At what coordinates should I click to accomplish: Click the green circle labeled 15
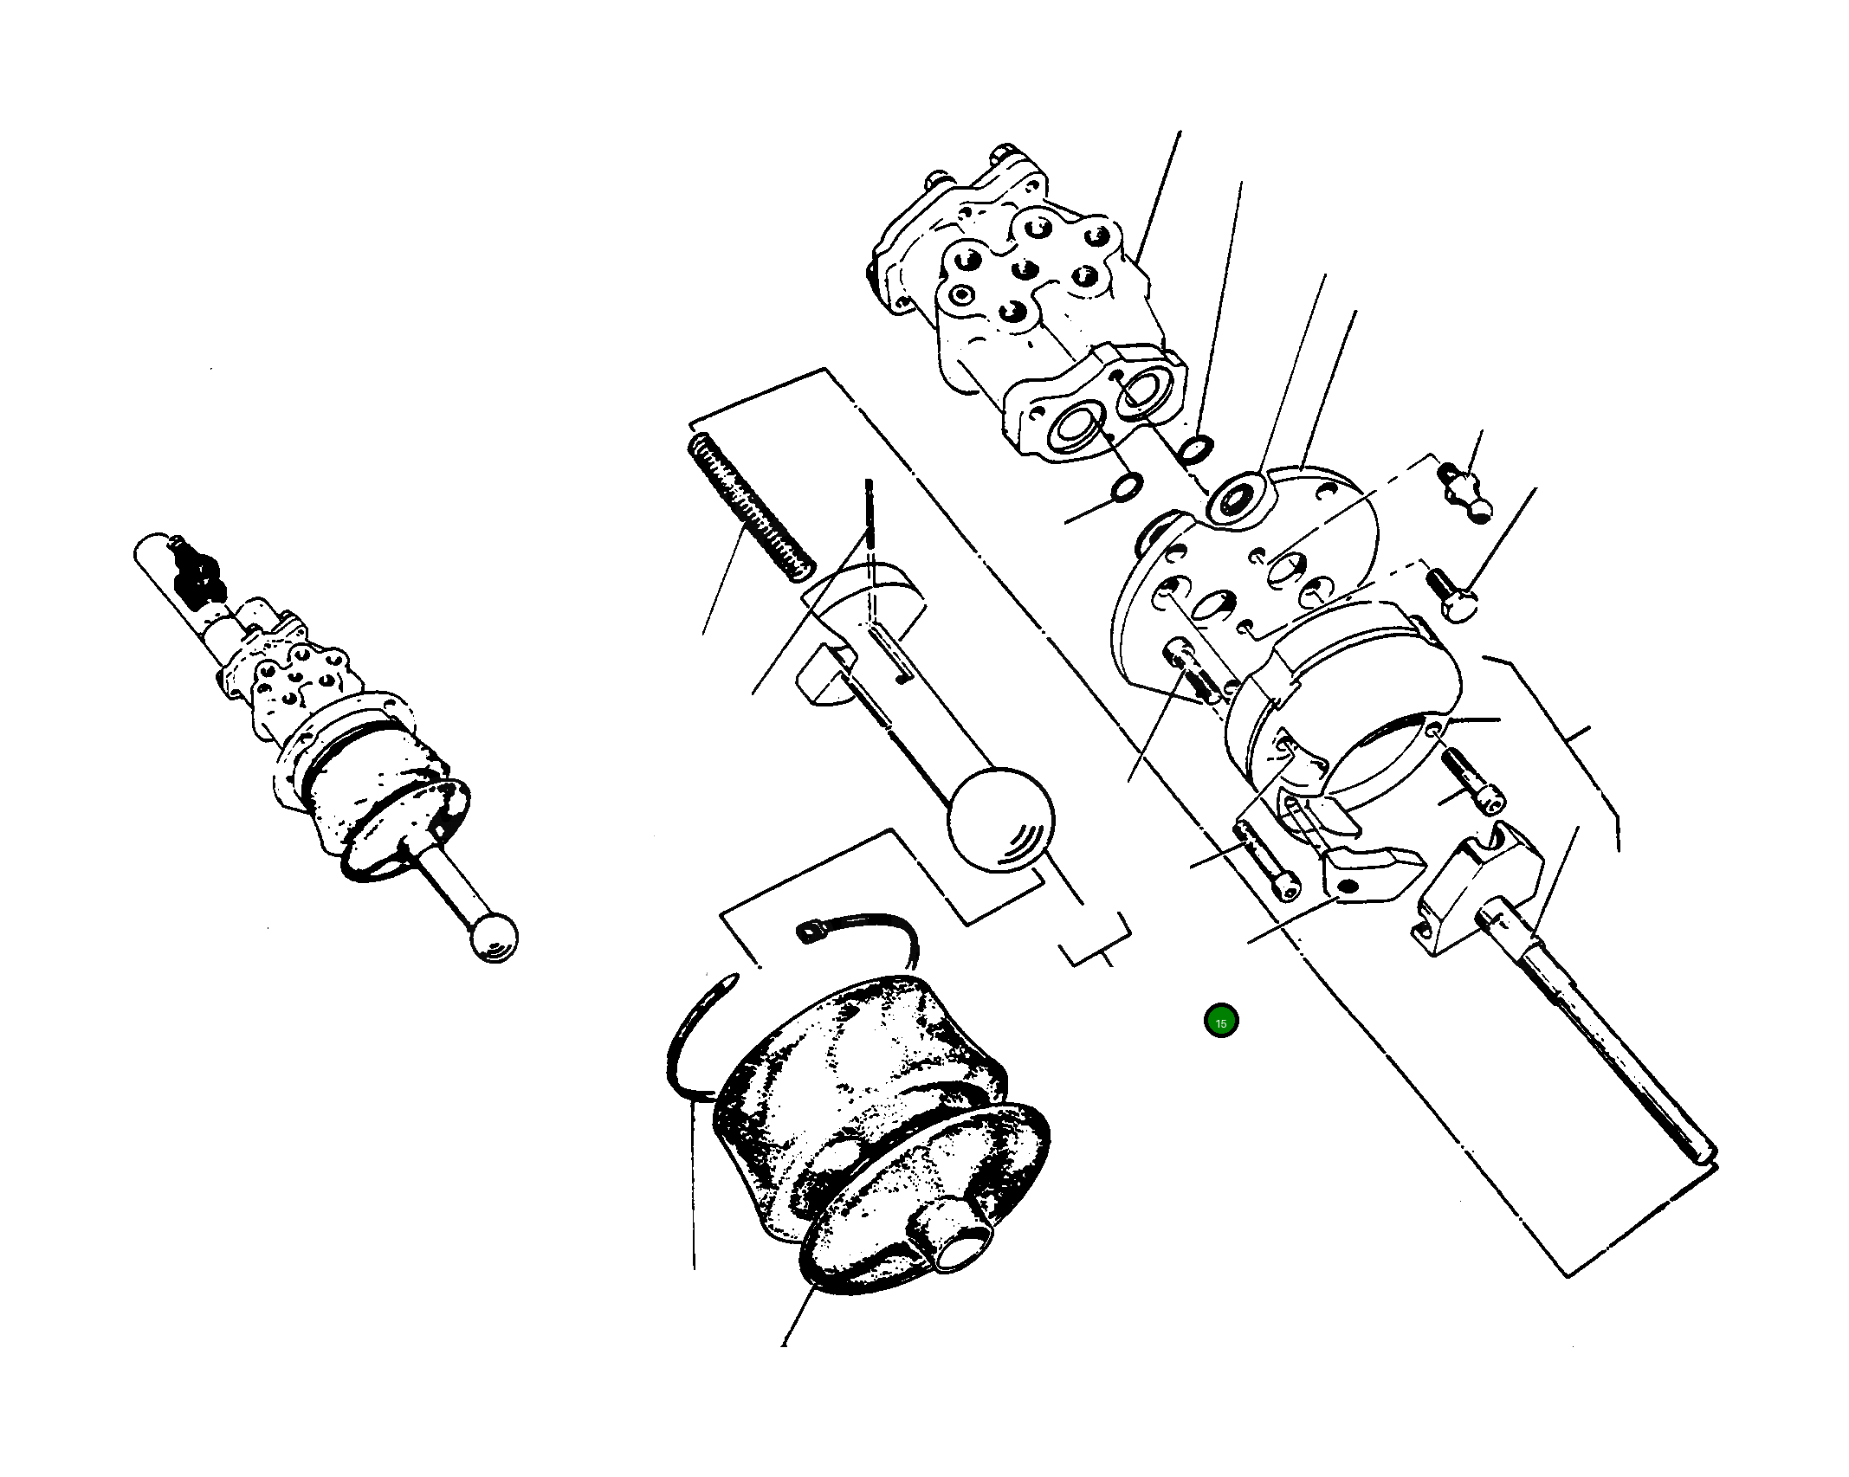(1220, 1022)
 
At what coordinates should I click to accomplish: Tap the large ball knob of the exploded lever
(1001, 818)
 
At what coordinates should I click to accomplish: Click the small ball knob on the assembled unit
(493, 937)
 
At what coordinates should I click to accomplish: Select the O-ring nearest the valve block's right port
(1197, 448)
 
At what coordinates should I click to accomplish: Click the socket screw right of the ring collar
(1472, 779)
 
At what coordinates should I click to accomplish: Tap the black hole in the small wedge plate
(1348, 887)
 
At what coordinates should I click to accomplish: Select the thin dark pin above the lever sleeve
(870, 510)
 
